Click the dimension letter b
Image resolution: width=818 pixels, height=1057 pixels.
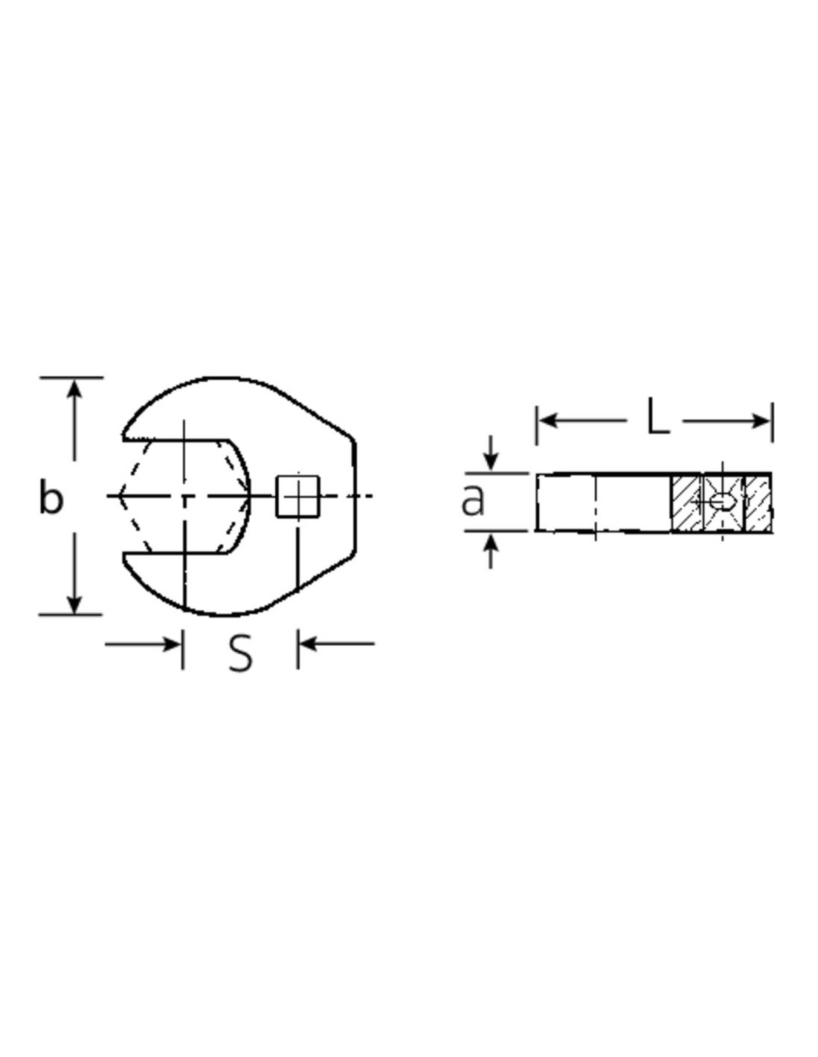[x=51, y=496]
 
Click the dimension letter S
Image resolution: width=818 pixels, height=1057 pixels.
[x=240, y=654]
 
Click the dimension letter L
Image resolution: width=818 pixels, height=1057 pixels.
[x=658, y=416]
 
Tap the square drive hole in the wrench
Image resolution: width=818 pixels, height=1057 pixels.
[x=297, y=496]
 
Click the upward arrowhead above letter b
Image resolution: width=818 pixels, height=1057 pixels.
[x=74, y=390]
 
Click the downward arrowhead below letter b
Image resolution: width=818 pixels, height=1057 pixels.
[x=74, y=603]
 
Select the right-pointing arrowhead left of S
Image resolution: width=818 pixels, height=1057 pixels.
[x=171, y=644]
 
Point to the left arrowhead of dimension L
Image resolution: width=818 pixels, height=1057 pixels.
[x=548, y=420]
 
